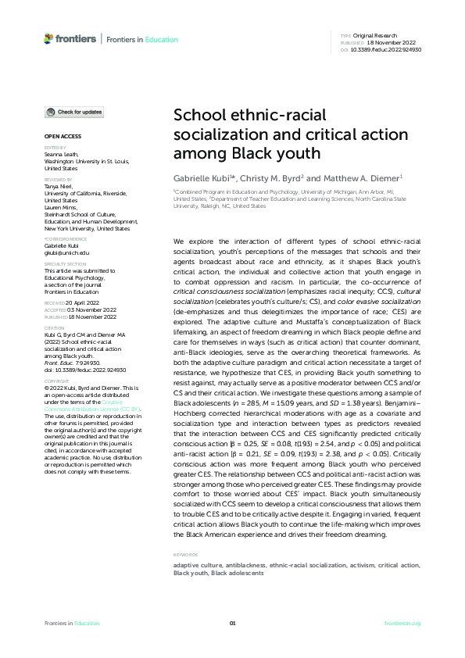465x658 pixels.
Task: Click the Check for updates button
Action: coord(73,113)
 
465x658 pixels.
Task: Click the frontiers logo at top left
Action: coord(70,38)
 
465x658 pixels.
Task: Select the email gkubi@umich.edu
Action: coord(67,253)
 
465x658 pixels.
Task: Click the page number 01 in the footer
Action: coord(232,623)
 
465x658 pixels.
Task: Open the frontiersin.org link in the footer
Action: coord(403,623)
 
